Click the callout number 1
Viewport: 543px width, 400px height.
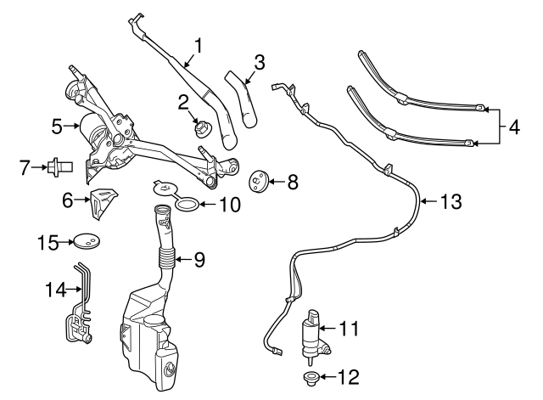198,47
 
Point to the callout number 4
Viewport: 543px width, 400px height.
514,127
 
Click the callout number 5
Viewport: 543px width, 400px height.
57,127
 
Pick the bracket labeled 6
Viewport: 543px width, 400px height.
104,202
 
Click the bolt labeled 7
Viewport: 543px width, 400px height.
60,167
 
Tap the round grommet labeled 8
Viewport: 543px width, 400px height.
258,180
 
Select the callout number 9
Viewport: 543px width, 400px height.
199,260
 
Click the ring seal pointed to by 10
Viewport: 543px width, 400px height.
188,204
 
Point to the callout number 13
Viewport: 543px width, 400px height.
451,201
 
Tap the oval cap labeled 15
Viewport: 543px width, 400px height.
87,241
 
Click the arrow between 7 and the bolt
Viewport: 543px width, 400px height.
39,167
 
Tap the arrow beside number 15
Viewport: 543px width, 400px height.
67,241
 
